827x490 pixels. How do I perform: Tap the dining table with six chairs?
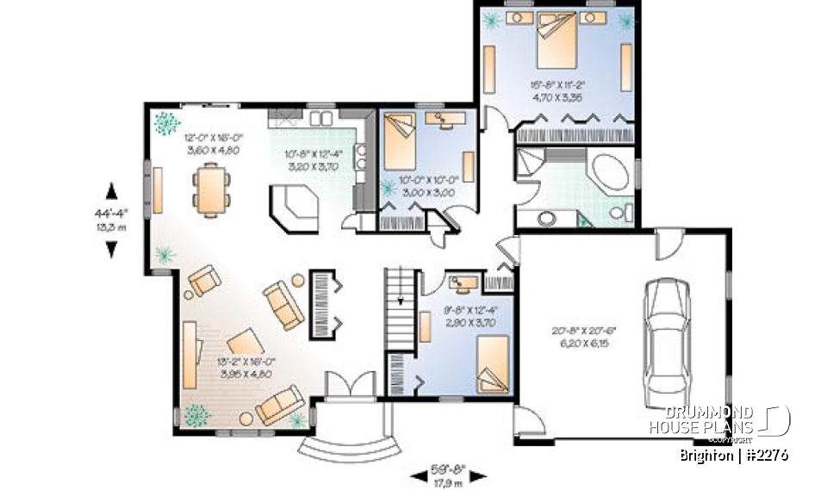[x=212, y=189]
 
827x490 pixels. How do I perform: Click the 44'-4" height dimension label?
[x=110, y=213]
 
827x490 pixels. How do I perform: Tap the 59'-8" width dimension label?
[x=448, y=470]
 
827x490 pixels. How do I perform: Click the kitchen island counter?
[x=293, y=208]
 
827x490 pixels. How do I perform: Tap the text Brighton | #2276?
[x=733, y=455]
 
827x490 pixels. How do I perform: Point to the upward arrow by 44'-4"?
[x=110, y=191]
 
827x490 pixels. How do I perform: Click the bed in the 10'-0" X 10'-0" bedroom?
[x=399, y=143]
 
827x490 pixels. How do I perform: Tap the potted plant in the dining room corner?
[x=163, y=124]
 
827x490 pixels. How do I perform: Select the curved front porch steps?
[x=350, y=448]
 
